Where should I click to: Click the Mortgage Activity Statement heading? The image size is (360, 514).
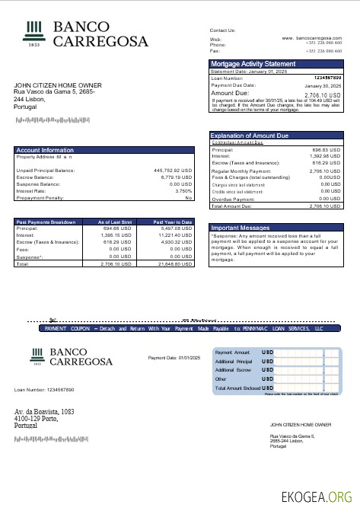click(x=253, y=64)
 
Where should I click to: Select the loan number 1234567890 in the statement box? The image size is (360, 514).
click(x=327, y=78)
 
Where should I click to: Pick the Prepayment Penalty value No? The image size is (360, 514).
click(x=188, y=197)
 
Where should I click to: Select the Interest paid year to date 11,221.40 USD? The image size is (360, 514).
click(x=175, y=235)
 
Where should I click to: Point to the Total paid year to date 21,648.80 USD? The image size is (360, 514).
click(x=175, y=263)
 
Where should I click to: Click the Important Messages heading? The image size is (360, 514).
click(x=241, y=228)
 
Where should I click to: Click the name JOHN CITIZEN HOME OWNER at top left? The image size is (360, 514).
click(x=57, y=85)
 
